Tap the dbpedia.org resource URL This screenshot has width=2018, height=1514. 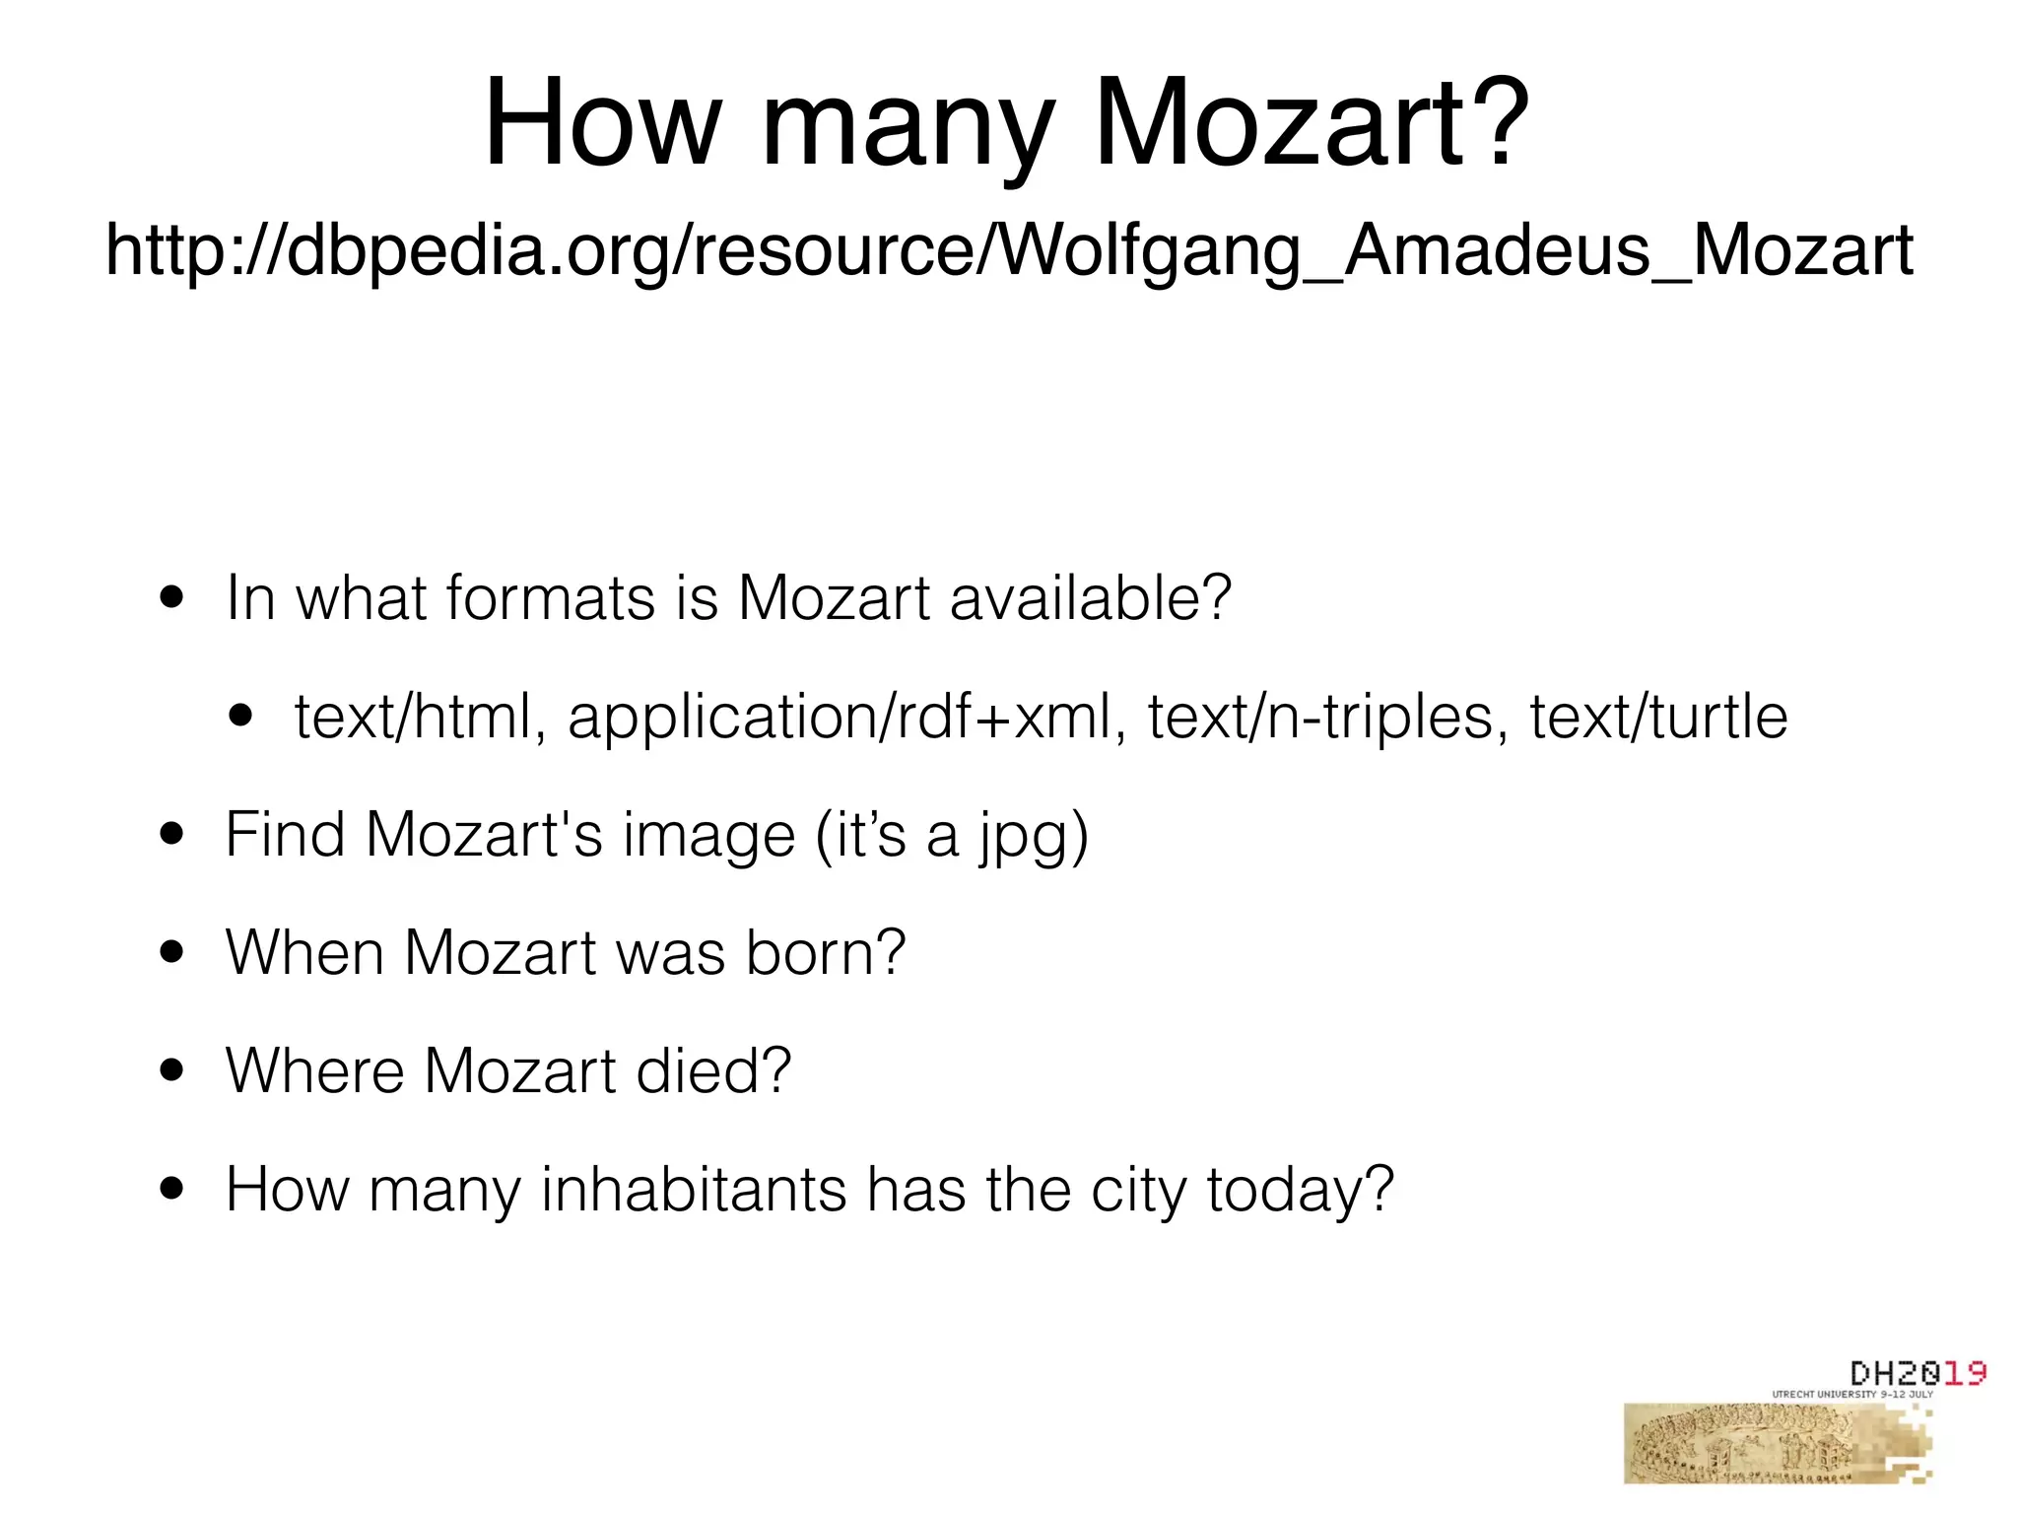tap(1009, 250)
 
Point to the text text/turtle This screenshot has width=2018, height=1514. tap(1658, 717)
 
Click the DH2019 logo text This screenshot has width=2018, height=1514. tap(1917, 1372)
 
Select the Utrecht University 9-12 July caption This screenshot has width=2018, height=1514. tap(1852, 1395)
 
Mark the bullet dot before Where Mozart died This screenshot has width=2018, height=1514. tap(172, 1071)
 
